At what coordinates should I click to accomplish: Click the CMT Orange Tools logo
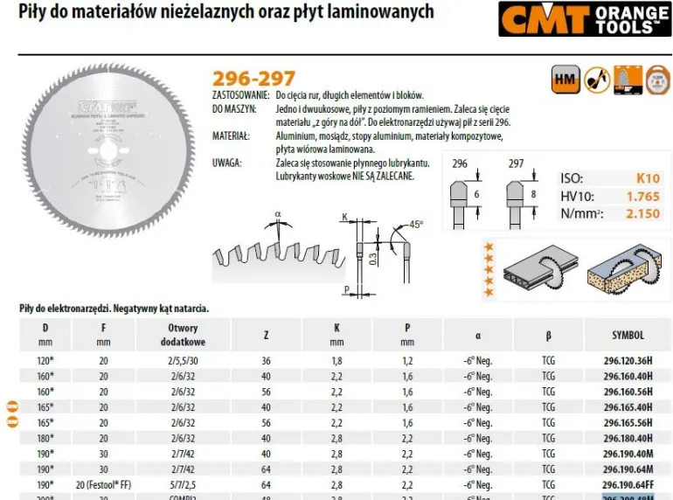pos(586,18)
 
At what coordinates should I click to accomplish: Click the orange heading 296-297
pos(253,79)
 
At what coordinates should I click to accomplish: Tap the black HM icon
pos(564,80)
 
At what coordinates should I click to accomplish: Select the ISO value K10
pos(648,178)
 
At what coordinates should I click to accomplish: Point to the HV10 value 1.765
pos(643,196)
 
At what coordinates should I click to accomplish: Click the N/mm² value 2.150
pos(643,213)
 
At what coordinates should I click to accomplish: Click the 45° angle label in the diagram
pos(415,224)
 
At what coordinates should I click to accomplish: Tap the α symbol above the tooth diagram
pos(278,213)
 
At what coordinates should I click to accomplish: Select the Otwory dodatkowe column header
pos(183,335)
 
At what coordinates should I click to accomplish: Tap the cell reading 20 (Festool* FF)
pos(103,483)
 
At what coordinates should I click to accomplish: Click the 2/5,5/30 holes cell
pos(183,360)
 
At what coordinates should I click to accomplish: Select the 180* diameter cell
pos(45,438)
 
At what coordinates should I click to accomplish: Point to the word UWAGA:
pos(229,163)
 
